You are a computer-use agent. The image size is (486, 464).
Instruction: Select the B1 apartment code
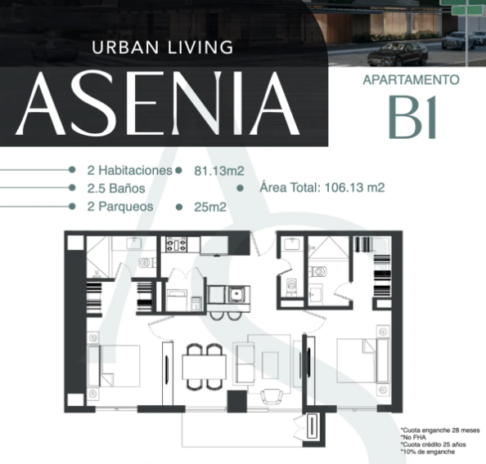[413, 117]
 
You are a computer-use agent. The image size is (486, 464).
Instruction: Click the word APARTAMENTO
[411, 80]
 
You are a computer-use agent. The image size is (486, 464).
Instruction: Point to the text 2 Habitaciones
[129, 170]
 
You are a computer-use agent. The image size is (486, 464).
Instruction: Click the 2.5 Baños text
[116, 188]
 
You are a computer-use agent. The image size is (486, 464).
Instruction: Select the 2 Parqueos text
[120, 207]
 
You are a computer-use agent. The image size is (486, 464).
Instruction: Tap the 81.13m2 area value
[219, 171]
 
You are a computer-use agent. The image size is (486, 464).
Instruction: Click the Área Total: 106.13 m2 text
[322, 188]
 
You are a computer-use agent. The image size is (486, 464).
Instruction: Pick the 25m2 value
[210, 207]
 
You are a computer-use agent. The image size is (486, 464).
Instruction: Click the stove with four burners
[177, 244]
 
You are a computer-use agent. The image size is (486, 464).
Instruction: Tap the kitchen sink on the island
[236, 294]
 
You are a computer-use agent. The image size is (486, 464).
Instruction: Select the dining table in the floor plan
[204, 367]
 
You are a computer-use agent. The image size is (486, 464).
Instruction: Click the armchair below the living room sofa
[271, 396]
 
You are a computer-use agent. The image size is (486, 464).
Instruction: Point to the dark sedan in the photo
[398, 54]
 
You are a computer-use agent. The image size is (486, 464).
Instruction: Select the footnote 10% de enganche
[427, 452]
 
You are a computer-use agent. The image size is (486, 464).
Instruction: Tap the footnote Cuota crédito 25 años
[433, 444]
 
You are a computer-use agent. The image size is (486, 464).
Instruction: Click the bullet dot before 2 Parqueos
[72, 206]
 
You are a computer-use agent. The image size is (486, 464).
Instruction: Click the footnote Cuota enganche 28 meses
[440, 431]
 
